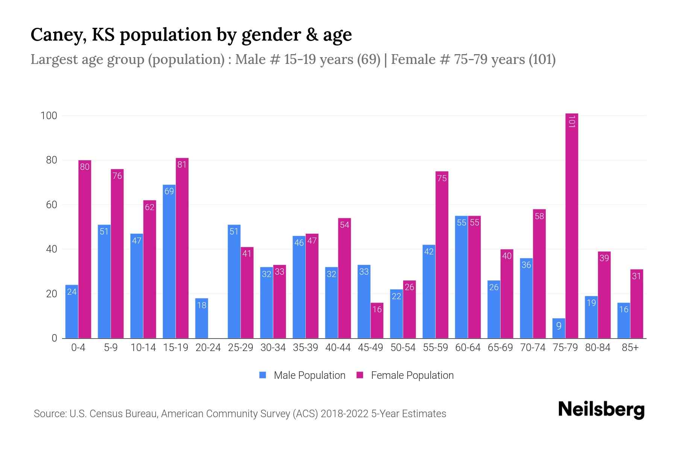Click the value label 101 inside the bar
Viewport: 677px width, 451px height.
(x=571, y=121)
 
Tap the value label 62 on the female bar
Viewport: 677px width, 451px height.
(x=150, y=207)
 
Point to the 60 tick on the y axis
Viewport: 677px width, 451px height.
(x=52, y=205)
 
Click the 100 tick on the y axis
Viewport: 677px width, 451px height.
(x=49, y=116)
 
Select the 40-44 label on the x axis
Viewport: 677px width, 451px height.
(x=338, y=348)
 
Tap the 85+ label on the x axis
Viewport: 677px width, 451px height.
(x=630, y=348)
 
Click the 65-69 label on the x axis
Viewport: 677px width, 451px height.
(x=500, y=348)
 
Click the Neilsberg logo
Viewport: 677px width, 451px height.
(x=601, y=410)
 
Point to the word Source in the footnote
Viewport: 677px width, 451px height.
(x=49, y=414)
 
